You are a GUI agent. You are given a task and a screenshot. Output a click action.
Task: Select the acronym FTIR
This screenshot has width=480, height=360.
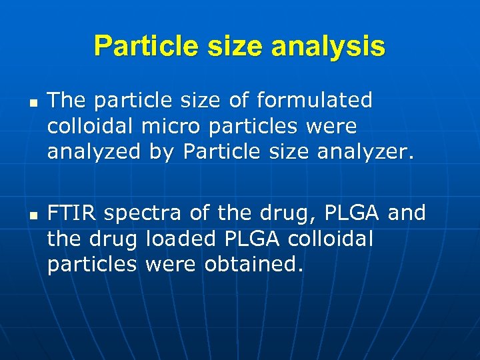coord(72,213)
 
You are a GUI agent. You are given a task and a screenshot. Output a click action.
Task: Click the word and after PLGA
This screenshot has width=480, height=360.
coord(406,213)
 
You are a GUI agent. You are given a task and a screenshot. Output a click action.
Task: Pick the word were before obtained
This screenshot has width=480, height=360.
coord(171,264)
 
